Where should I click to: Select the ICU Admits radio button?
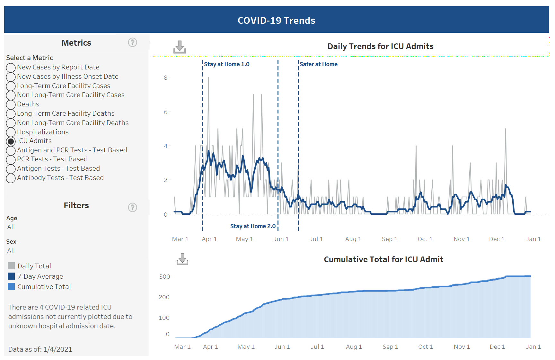pyautogui.click(x=11, y=141)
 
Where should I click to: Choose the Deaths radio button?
pyautogui.click(x=11, y=104)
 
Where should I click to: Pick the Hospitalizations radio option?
pyautogui.click(x=11, y=132)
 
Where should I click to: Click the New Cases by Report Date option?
pyautogui.click(x=11, y=67)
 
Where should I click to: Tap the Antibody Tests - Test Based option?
pyautogui.click(x=11, y=178)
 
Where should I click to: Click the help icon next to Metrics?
pyautogui.click(x=132, y=42)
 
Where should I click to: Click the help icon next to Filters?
pyautogui.click(x=132, y=207)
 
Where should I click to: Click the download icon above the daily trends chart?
pyautogui.click(x=180, y=47)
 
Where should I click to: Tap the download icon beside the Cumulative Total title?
pyautogui.click(x=182, y=259)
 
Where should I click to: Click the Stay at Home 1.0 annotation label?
pyautogui.click(x=226, y=64)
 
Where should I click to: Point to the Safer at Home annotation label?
pyautogui.click(x=318, y=64)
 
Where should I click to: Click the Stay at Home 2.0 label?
pyautogui.click(x=253, y=226)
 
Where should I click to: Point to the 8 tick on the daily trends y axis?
pyautogui.click(x=165, y=78)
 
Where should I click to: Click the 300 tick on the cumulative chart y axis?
pyautogui.click(x=164, y=277)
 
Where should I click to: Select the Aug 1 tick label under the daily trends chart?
pyautogui.click(x=353, y=239)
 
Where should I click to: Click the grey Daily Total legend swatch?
pyautogui.click(x=11, y=266)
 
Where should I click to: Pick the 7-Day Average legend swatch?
pyautogui.click(x=11, y=276)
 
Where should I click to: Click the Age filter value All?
pyautogui.click(x=11, y=227)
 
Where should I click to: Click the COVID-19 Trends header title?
pyautogui.click(x=276, y=20)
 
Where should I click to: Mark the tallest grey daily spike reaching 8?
pyautogui.click(x=208, y=78)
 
